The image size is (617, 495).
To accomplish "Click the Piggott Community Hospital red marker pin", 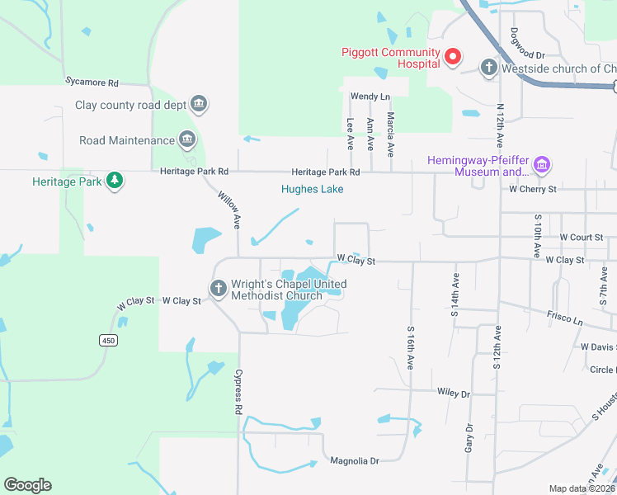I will pyautogui.click(x=452, y=57).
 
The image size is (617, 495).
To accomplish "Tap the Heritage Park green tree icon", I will pyautogui.click(x=115, y=181).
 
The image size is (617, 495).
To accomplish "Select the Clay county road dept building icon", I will pyautogui.click(x=198, y=104).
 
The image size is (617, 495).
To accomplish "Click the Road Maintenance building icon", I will pyautogui.click(x=187, y=139).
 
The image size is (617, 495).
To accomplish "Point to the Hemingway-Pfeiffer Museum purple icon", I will pyautogui.click(x=542, y=166).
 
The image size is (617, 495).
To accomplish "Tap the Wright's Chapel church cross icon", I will pyautogui.click(x=218, y=289).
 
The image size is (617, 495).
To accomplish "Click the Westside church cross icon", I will pyautogui.click(x=488, y=68).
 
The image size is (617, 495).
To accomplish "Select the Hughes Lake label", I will pyautogui.click(x=312, y=189).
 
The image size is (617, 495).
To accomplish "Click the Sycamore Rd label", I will pyautogui.click(x=92, y=82).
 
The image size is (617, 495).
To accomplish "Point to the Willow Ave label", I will pyautogui.click(x=228, y=210).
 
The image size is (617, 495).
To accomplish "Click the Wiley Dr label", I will pyautogui.click(x=454, y=394).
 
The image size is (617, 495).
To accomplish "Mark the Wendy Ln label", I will pyautogui.click(x=370, y=97).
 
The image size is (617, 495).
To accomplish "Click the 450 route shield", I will pyautogui.click(x=108, y=340).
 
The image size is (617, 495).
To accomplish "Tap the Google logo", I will pyautogui.click(x=27, y=485).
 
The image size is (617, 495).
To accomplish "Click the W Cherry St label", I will pyautogui.click(x=533, y=189).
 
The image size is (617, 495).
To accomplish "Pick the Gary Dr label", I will pyautogui.click(x=469, y=438).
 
